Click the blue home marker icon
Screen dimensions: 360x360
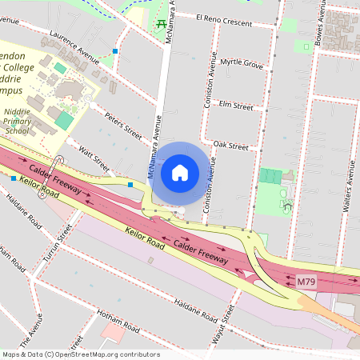[180, 171]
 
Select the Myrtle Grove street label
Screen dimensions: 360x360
[242, 62]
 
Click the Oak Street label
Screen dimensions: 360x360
[231, 146]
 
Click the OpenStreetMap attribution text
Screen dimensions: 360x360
[81, 354]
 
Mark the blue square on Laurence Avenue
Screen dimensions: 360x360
[116, 51]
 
